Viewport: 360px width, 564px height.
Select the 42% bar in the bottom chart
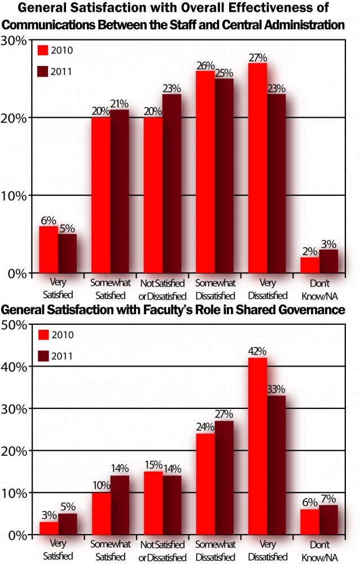[257, 446]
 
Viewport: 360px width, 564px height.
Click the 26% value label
[205, 65]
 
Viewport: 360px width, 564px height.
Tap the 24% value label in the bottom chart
[205, 428]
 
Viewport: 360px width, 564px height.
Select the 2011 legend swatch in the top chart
[44, 72]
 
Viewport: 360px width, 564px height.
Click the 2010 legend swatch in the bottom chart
[44, 335]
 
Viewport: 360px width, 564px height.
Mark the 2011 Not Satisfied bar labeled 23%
[172, 183]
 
